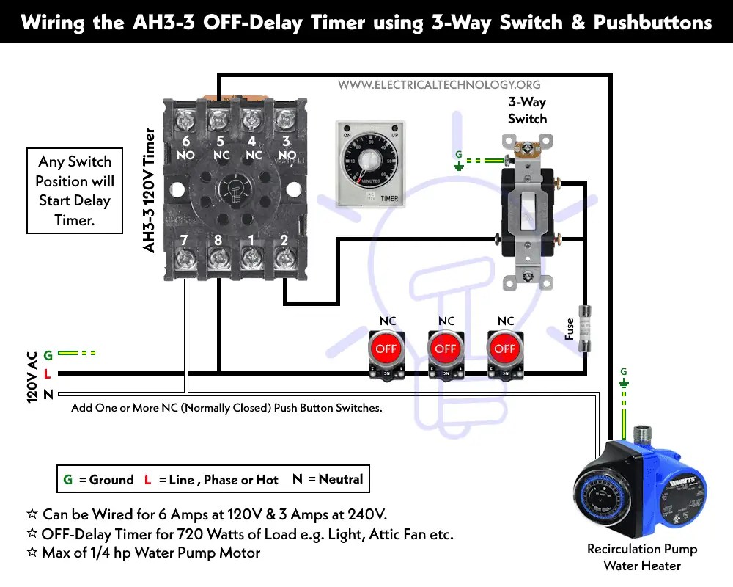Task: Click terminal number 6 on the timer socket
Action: point(186,141)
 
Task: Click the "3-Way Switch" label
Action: point(527,110)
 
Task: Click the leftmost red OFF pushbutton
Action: point(386,349)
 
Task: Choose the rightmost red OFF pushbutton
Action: point(505,349)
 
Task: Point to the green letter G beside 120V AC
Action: point(48,355)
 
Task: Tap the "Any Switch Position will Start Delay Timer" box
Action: point(74,191)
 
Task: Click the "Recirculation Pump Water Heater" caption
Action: point(642,557)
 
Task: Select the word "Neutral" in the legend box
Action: point(340,479)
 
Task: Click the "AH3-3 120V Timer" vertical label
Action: point(150,191)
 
